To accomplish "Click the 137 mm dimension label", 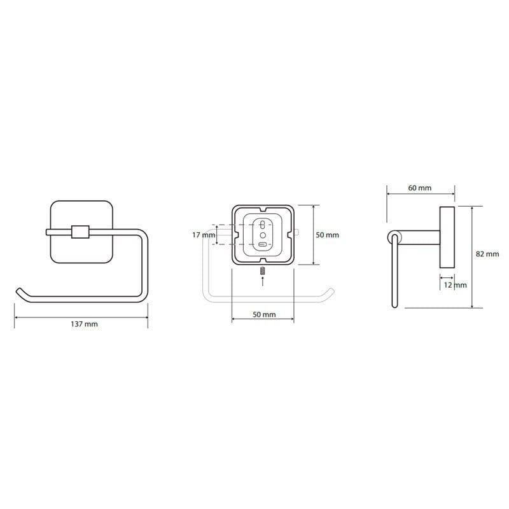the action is coord(84,324).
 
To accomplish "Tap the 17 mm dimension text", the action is coord(201,235).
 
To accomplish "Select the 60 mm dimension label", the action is coord(420,188).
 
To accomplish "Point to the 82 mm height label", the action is coord(487,254).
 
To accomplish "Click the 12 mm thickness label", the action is coord(455,285).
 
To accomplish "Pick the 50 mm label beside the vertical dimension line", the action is coord(327,235).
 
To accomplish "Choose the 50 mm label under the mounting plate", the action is coord(264,314).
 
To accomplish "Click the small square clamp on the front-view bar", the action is coord(80,232).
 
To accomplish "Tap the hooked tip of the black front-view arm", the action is coord(20,291).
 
